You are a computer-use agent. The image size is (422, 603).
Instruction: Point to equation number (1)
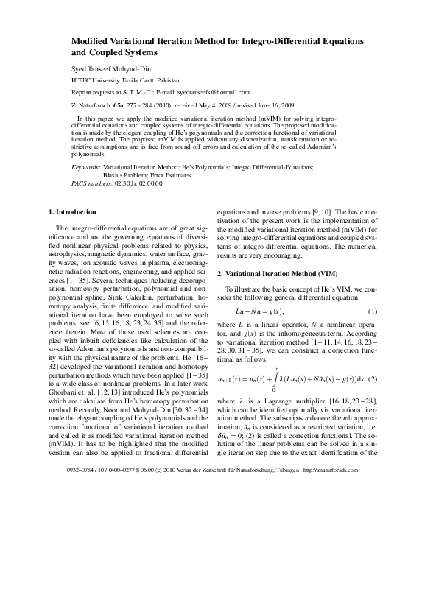372,312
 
